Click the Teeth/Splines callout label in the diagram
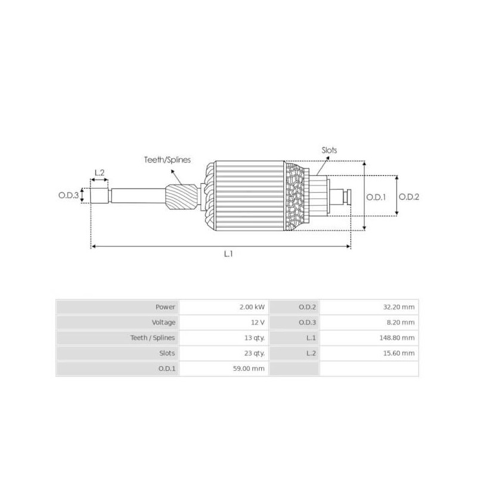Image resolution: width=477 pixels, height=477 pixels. click(x=167, y=160)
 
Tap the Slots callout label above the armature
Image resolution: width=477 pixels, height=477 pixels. click(x=329, y=151)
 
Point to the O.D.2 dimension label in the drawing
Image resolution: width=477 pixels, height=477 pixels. click(x=409, y=196)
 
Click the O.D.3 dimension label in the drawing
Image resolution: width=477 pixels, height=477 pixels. click(x=69, y=196)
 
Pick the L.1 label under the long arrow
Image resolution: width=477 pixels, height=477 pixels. click(x=228, y=254)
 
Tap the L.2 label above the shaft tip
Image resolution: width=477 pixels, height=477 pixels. click(x=100, y=173)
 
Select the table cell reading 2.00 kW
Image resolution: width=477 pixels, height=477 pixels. click(x=252, y=307)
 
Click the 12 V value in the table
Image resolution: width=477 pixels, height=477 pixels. click(x=258, y=323)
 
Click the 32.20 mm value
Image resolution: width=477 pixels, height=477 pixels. click(x=400, y=307)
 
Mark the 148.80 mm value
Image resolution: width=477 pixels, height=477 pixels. click(x=399, y=338)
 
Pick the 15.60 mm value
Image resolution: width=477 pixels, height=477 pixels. click(x=400, y=354)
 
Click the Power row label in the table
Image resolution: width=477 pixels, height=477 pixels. click(x=165, y=307)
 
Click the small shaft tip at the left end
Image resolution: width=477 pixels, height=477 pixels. click(x=99, y=196)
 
